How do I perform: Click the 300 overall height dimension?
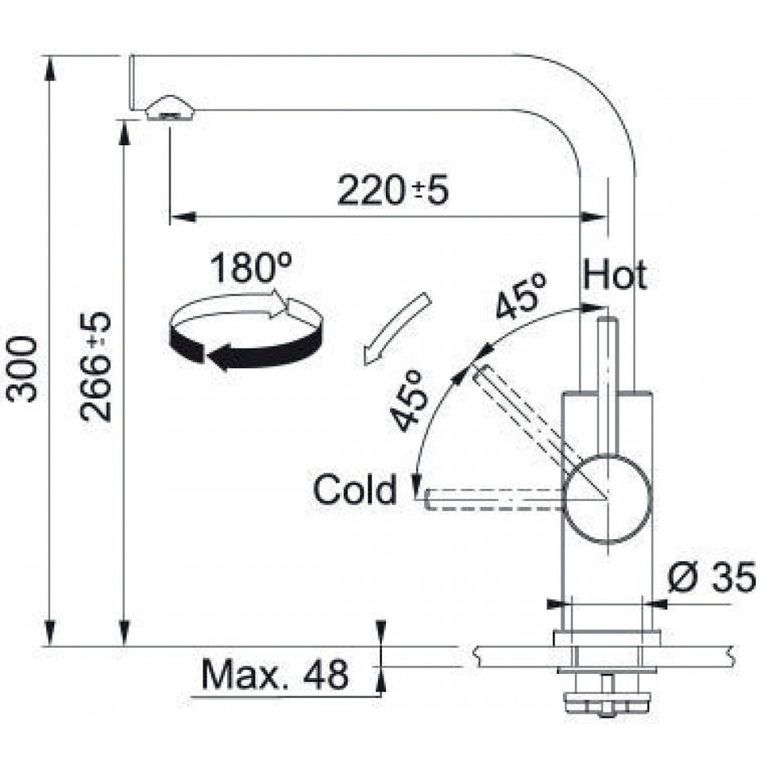pyautogui.click(x=23, y=368)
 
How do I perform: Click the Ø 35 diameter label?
pyautogui.click(x=712, y=577)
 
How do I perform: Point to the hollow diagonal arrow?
pyautogui.click(x=396, y=328)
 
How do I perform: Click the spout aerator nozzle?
pyautogui.click(x=170, y=108)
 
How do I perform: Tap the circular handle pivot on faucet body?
pyautogui.click(x=608, y=499)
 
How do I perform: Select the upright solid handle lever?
pyautogui.click(x=608, y=389)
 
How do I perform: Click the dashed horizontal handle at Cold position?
pyautogui.click(x=494, y=499)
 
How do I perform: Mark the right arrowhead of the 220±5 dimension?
pyautogui.click(x=593, y=217)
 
